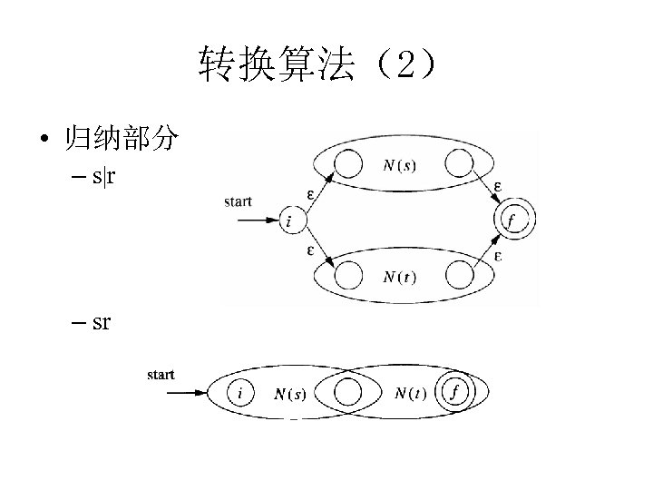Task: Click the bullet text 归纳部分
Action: coord(120,141)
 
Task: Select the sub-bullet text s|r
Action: coord(103,176)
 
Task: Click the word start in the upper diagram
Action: coord(239,201)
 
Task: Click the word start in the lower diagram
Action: coord(161,374)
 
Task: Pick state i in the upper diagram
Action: coord(291,220)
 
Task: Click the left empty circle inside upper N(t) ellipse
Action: coord(348,274)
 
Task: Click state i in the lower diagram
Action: coord(239,393)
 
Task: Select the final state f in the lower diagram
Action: coord(454,393)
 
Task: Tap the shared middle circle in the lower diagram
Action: coord(347,393)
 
